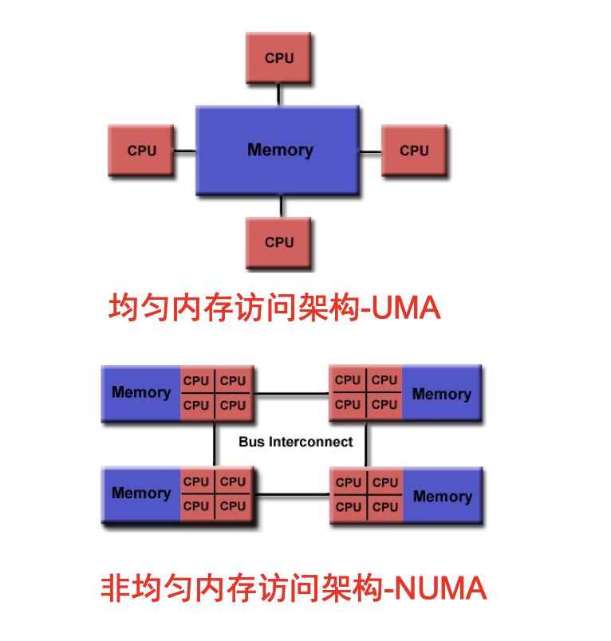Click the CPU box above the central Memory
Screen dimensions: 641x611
[278, 58]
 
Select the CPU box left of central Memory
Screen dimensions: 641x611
[141, 151]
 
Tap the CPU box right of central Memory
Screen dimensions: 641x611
[414, 151]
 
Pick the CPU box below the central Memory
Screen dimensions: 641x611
[278, 242]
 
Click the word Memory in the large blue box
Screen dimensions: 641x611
[280, 150]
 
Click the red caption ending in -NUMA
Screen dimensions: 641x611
[294, 589]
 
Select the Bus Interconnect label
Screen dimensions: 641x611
[295, 442]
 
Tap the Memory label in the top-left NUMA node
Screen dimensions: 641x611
[141, 392]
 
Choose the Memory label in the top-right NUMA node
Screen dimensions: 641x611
[441, 394]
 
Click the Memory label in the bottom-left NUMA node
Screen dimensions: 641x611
[141, 494]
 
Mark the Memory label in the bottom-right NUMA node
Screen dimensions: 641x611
[442, 497]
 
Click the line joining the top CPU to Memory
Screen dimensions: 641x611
[278, 94]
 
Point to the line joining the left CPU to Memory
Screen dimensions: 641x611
[185, 151]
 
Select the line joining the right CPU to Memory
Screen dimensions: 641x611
[371, 151]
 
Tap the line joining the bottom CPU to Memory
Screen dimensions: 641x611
[280, 206]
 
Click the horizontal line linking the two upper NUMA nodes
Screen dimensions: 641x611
[290, 393]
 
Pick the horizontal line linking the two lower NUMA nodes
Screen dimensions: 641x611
[294, 495]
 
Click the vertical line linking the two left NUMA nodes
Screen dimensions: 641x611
[215, 445]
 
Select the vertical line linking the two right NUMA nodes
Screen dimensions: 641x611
[366, 445]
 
